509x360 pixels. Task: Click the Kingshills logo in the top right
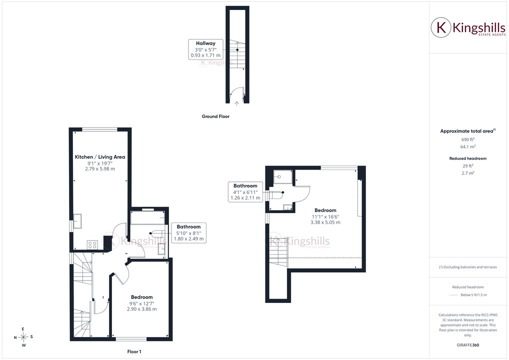coord(468,27)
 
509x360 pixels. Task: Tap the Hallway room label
coord(205,43)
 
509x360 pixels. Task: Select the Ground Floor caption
coord(215,116)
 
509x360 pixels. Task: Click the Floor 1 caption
coord(134,351)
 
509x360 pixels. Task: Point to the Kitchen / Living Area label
coord(100,157)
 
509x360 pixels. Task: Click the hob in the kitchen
coord(92,245)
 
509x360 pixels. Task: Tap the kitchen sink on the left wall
coord(77,221)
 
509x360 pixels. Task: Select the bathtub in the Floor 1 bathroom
coord(147,218)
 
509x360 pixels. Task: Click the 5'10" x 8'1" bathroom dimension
coord(188,233)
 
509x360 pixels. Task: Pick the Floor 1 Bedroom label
coord(142,297)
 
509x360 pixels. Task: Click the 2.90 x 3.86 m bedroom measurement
coord(142,309)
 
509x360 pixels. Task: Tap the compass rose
coord(23,337)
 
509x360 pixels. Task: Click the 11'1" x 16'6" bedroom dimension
coord(325,216)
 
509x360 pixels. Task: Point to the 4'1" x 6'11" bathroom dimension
coord(245,192)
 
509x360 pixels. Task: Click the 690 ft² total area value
coord(468,139)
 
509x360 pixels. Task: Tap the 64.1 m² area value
coord(468,146)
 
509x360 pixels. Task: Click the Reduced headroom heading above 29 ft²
coord(468,158)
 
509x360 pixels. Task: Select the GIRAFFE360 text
coord(468,345)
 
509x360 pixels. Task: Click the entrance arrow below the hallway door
coord(237,103)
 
